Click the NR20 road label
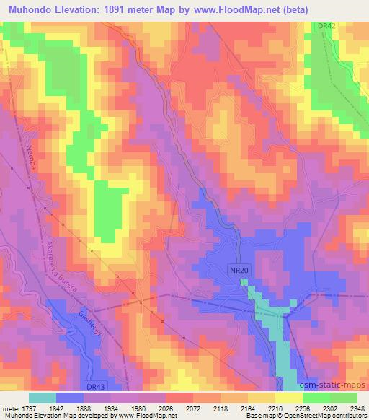[241, 268]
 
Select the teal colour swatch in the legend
[42, 398]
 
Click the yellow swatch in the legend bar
[288, 398]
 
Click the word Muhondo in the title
[31, 9]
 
